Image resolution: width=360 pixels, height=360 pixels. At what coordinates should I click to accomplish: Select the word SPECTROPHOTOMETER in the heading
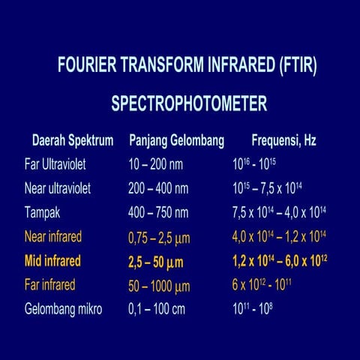coord(189,103)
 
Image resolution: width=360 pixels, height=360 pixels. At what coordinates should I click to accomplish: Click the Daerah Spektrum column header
coord(73,140)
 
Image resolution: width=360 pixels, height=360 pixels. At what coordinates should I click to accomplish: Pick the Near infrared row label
coord(53,237)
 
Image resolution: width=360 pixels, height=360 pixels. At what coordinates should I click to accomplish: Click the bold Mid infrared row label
coord(52,262)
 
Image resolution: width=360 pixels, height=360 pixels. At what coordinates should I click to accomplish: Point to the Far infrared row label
coord(50,285)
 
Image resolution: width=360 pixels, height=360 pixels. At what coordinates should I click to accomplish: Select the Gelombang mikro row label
coord(63,309)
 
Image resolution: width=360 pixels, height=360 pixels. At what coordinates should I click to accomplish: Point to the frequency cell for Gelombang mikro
coord(250,309)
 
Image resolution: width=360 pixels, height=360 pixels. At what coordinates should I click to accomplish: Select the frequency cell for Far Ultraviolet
coord(254,164)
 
